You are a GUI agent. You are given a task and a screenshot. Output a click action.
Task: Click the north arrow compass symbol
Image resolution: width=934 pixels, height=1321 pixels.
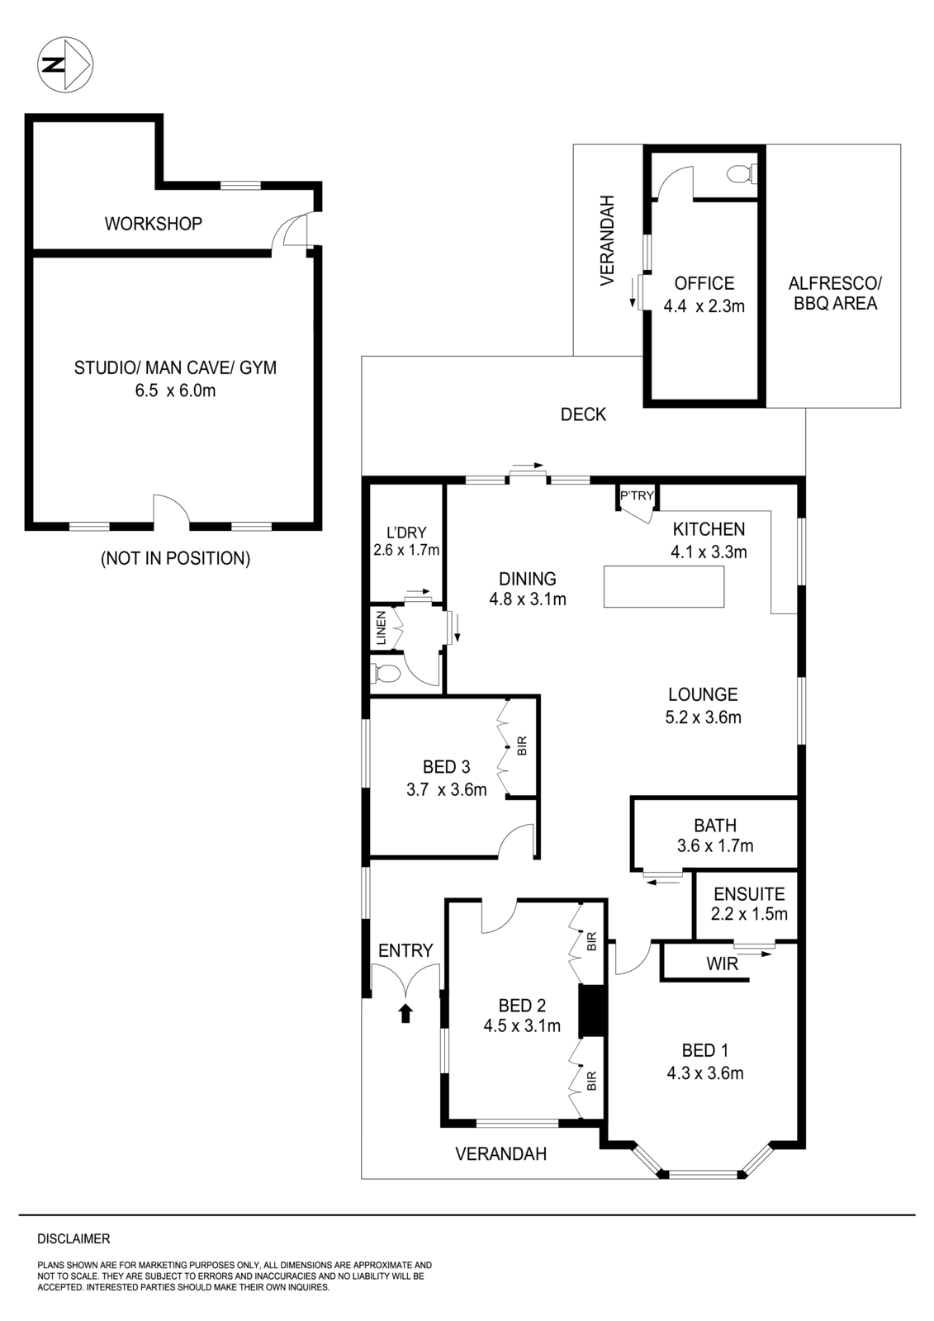click(x=65, y=65)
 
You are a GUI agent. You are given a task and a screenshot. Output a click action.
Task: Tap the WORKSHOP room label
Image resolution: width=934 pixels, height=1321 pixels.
click(x=153, y=223)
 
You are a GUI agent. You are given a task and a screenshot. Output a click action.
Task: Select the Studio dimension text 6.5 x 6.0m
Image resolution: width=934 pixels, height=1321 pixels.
click(x=175, y=391)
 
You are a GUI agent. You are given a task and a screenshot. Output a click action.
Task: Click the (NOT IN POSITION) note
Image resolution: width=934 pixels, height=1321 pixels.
click(x=175, y=558)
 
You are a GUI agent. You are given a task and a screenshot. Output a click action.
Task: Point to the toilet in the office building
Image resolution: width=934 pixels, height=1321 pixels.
click(x=741, y=174)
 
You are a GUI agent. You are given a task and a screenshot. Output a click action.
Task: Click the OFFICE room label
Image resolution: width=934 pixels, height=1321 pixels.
click(x=704, y=284)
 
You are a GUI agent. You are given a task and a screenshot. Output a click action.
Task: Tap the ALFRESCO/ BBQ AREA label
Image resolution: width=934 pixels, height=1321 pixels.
click(x=835, y=293)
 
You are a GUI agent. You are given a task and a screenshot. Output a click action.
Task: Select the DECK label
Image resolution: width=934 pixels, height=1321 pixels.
click(x=583, y=414)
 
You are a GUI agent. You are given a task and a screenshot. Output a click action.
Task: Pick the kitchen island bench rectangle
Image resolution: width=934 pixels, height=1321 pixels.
click(x=664, y=587)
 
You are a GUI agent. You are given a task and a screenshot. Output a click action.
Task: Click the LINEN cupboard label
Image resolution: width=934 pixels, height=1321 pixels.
click(x=381, y=627)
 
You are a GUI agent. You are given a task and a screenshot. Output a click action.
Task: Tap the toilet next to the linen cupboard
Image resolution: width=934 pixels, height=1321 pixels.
click(x=386, y=674)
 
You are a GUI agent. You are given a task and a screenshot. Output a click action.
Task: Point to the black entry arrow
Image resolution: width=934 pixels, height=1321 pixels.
click(x=405, y=1013)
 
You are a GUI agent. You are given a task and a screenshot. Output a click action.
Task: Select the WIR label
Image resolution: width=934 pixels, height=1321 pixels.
click(x=722, y=964)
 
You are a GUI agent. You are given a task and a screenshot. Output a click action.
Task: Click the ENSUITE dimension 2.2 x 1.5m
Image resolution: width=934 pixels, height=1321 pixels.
click(x=749, y=914)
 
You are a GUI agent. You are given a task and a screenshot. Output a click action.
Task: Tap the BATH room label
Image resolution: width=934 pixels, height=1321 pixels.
click(x=715, y=825)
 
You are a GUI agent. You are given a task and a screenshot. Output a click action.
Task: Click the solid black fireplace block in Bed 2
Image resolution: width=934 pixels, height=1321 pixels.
click(x=591, y=1011)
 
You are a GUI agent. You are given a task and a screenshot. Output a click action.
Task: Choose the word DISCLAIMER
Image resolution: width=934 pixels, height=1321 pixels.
click(x=73, y=1239)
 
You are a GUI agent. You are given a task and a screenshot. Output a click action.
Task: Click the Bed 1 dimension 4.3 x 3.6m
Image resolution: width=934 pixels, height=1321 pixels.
click(x=705, y=1073)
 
